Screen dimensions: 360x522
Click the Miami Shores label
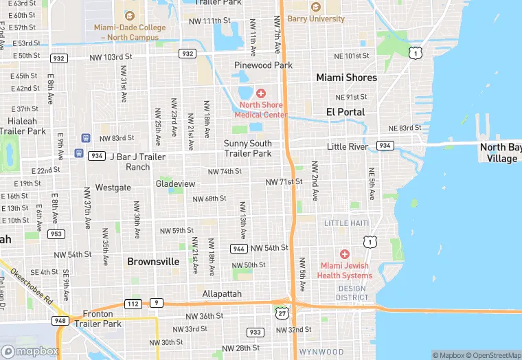coord(346,78)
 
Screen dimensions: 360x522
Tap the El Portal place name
coord(345,111)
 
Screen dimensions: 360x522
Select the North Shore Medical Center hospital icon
coord(261,93)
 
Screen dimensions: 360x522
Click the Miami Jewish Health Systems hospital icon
coord(345,254)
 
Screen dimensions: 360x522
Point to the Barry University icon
coord(316,7)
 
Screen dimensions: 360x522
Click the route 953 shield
coord(56,234)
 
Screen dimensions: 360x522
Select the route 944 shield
coord(239,248)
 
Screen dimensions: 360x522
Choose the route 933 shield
coord(256,332)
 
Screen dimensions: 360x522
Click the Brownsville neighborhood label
coord(153,262)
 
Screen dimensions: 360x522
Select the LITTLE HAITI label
coord(346,223)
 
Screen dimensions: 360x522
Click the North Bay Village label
coord(500,153)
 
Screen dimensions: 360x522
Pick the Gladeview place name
coord(176,183)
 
